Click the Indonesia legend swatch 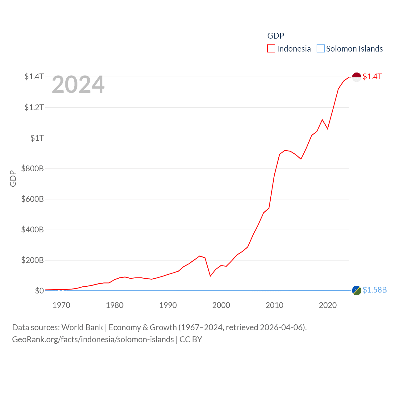click(x=271, y=49)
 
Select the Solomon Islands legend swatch click(x=321, y=49)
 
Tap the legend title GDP click(x=276, y=36)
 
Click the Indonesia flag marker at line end click(x=356, y=77)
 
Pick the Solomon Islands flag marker click(x=356, y=290)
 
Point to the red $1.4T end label click(x=372, y=77)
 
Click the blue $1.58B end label click(x=375, y=290)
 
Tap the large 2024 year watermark click(x=78, y=85)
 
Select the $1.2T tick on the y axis click(x=34, y=107)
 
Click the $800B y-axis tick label click(x=32, y=168)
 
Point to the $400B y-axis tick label click(x=32, y=230)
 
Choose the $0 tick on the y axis click(x=39, y=291)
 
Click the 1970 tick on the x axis click(x=61, y=305)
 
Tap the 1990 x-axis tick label click(x=168, y=305)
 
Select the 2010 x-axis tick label click(x=274, y=305)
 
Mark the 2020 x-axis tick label click(x=328, y=305)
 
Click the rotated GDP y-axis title click(x=13, y=178)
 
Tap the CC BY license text click(x=191, y=339)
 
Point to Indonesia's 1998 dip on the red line click(x=210, y=276)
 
